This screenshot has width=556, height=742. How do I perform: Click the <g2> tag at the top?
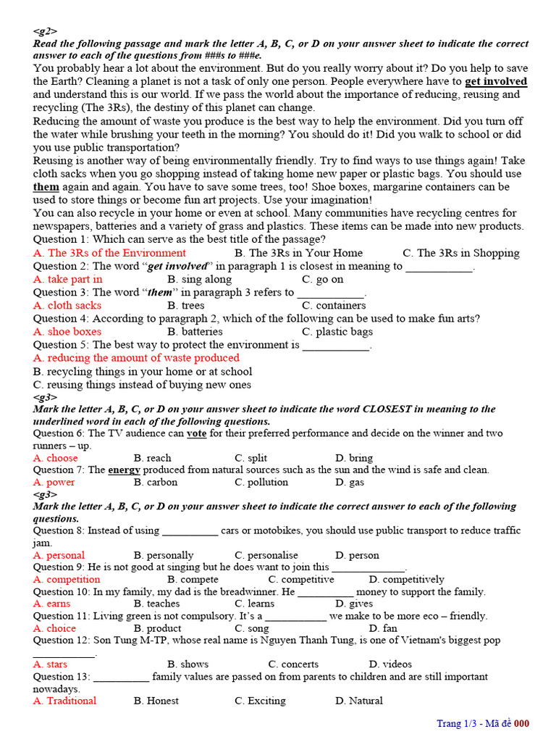pos(45,31)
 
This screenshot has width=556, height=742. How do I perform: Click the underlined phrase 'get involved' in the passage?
pos(495,81)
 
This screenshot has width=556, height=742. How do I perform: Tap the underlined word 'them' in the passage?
pos(46,186)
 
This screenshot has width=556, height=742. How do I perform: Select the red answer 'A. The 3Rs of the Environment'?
pos(109,253)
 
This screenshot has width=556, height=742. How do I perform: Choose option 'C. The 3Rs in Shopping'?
pos(461,253)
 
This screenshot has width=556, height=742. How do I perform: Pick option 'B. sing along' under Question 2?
pos(199,279)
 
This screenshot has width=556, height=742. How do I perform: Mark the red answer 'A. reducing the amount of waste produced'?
pos(136,357)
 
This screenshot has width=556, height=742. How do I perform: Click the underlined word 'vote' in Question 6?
pos(196,433)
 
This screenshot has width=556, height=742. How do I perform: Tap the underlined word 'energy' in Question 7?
pos(124,470)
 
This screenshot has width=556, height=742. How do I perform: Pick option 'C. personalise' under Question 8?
pos(266,555)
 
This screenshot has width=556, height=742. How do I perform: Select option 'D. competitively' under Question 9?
pos(406,579)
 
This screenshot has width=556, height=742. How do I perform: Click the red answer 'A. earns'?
pos(52,603)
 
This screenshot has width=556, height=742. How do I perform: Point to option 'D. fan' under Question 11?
pos(383,628)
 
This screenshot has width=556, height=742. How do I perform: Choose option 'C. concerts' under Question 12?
pos(293,664)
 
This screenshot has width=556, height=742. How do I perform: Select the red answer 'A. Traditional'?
pos(64,701)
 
